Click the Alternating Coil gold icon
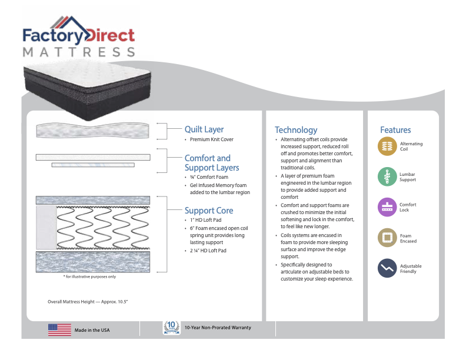coord(387,146)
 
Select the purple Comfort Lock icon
coord(387,207)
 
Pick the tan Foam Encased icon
coord(387,238)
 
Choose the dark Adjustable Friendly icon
coord(387,268)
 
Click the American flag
coord(59,330)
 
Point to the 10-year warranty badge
coord(171,328)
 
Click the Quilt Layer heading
coord(204,129)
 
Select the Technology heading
coord(295,130)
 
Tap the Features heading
coord(395,130)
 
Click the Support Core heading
coord(208,211)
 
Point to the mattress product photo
coord(86,85)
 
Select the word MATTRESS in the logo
coord(79,52)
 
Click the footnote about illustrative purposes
coord(89,276)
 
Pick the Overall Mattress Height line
coord(88,302)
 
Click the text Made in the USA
coord(92,330)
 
